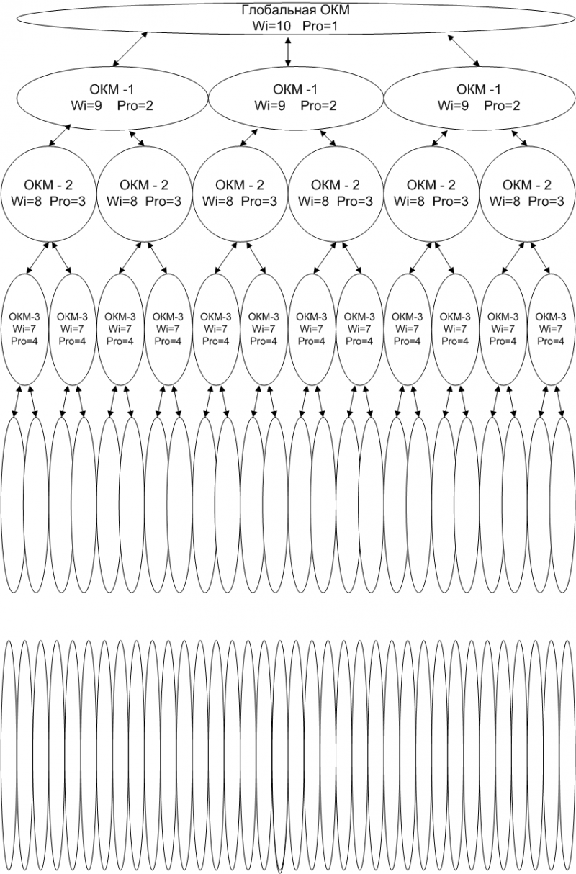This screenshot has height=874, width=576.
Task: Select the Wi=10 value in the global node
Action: click(x=271, y=26)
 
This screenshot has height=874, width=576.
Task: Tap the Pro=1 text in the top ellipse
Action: click(x=320, y=26)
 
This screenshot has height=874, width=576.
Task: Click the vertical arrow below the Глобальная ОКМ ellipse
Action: click(x=288, y=51)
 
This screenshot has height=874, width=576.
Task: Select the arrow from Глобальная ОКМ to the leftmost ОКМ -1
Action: click(x=130, y=49)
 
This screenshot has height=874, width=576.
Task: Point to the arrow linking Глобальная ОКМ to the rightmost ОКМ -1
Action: click(x=464, y=50)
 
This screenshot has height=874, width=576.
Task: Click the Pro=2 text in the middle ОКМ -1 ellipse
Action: click(x=318, y=106)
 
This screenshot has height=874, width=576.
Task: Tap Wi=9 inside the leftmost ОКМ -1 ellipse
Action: click(x=86, y=106)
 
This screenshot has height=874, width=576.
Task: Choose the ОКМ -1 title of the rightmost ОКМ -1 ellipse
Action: click(x=478, y=89)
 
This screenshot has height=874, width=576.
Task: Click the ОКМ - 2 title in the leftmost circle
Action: click(x=48, y=185)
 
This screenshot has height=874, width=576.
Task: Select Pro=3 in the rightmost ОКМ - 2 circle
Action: click(x=546, y=202)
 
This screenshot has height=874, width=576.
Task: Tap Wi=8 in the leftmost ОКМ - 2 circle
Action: click(x=26, y=202)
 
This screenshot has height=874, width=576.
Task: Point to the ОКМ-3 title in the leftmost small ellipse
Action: click(x=24, y=317)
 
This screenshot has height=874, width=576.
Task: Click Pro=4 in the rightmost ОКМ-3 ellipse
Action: click(x=551, y=341)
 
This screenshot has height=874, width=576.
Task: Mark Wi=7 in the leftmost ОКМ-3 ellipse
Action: click(x=24, y=328)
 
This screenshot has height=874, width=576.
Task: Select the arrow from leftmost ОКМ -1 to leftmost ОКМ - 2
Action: click(x=60, y=135)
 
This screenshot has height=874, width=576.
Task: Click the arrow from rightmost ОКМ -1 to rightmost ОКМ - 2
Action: click(x=519, y=138)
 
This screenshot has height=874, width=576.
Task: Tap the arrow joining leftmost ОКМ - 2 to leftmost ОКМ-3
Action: click(x=37, y=258)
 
